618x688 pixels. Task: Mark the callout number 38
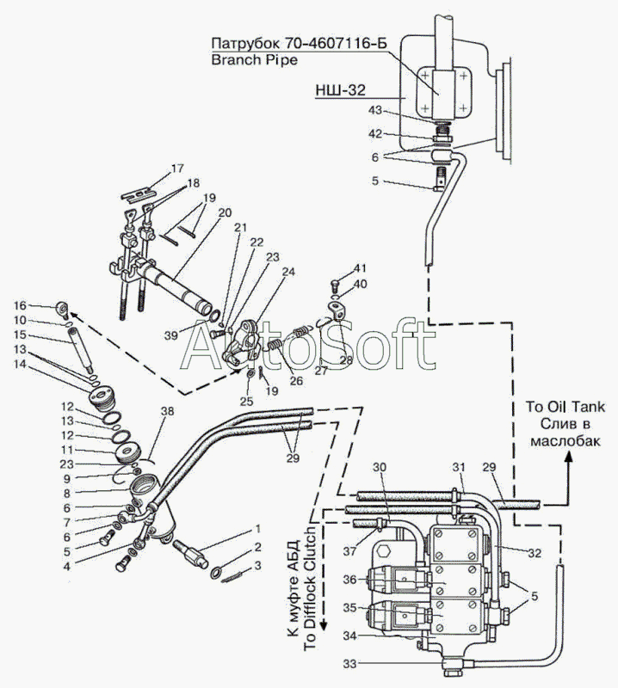click(165, 412)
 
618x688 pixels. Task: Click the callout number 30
click(380, 467)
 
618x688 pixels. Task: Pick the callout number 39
click(172, 333)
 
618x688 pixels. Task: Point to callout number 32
click(535, 554)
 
